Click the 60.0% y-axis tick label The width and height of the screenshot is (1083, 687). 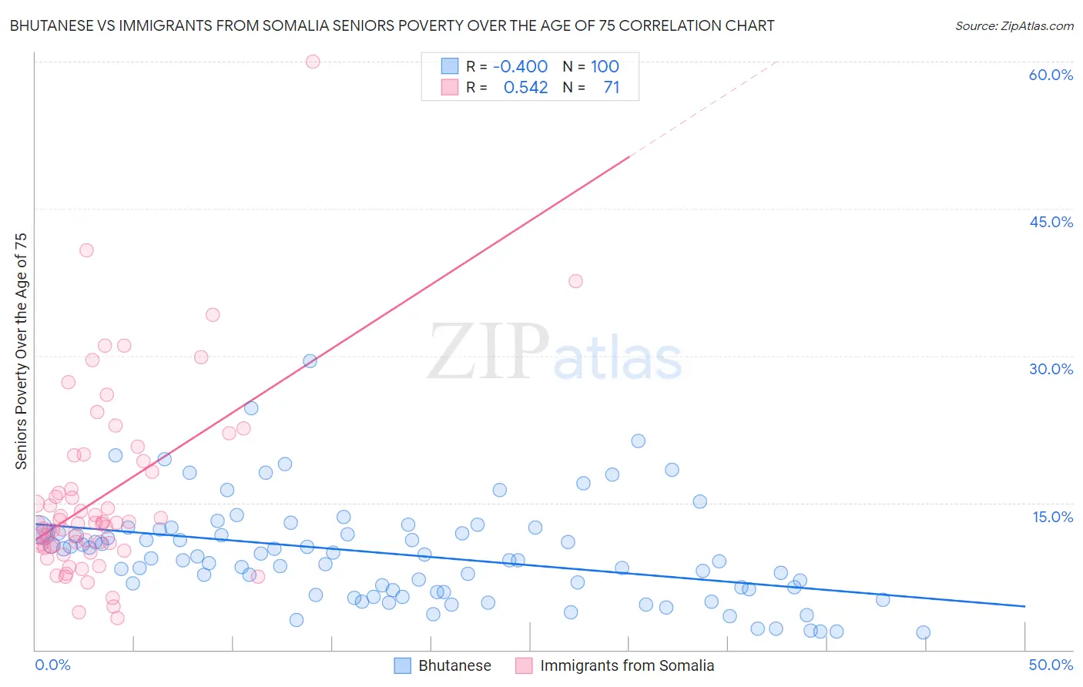coord(1051,75)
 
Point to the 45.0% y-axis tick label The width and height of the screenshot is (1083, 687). coord(1051,222)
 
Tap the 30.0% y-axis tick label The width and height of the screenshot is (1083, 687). coord(1051,369)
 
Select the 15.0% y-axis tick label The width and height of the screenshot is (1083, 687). coord(1052,517)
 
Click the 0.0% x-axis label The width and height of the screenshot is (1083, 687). coord(52,665)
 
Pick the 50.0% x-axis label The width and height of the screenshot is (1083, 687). coord(1051,665)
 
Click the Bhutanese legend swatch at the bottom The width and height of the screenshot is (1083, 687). coord(402,665)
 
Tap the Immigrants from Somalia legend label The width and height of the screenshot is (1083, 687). coord(627,665)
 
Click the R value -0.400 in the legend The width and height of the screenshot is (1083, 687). coord(520,66)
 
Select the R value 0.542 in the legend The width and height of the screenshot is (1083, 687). coord(525,88)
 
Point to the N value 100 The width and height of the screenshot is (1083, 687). coord(605,66)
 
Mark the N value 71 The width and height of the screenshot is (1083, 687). coord(612,88)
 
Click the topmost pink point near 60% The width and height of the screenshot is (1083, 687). coord(313,62)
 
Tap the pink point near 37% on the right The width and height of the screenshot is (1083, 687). coord(575,281)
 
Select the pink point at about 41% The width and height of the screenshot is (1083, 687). coord(86,250)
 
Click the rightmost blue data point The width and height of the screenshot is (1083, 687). coord(923,632)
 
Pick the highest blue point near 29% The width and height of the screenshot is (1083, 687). coord(310,360)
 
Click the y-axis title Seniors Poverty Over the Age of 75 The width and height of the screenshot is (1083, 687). coord(22,351)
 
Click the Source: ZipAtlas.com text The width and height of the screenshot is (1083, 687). coord(1014,26)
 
